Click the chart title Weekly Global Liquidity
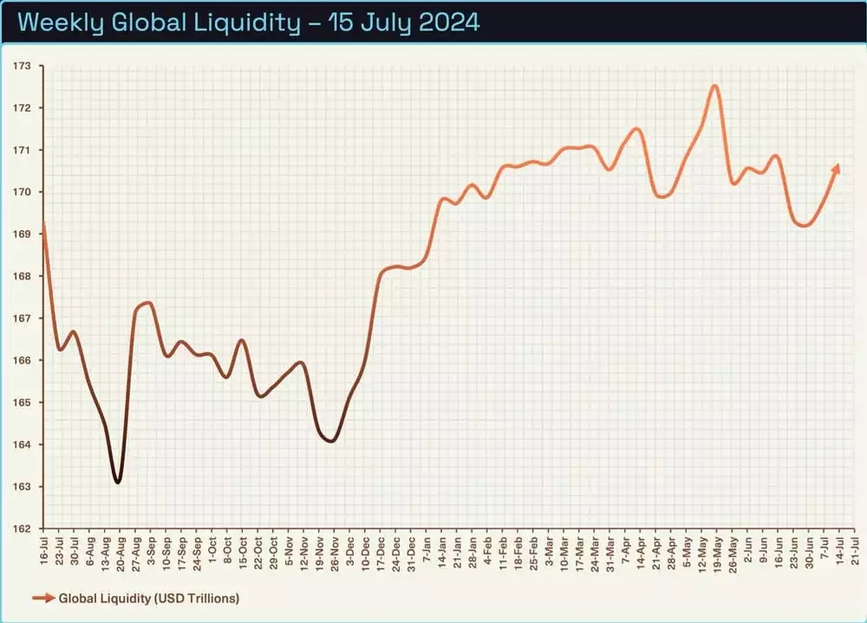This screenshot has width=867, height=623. [248, 22]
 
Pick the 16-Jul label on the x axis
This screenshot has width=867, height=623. [43, 549]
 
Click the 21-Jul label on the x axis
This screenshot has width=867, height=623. [856, 549]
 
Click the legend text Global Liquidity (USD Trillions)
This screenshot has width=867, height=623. [149, 598]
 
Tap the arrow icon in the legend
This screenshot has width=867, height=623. [43, 598]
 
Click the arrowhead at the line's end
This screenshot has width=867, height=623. [836, 167]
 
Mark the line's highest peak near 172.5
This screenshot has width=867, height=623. [714, 86]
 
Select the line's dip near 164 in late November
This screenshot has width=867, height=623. [330, 441]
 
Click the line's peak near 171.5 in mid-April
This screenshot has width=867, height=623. [637, 129]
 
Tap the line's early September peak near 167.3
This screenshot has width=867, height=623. [148, 303]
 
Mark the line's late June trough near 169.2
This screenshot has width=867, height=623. [804, 226]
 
